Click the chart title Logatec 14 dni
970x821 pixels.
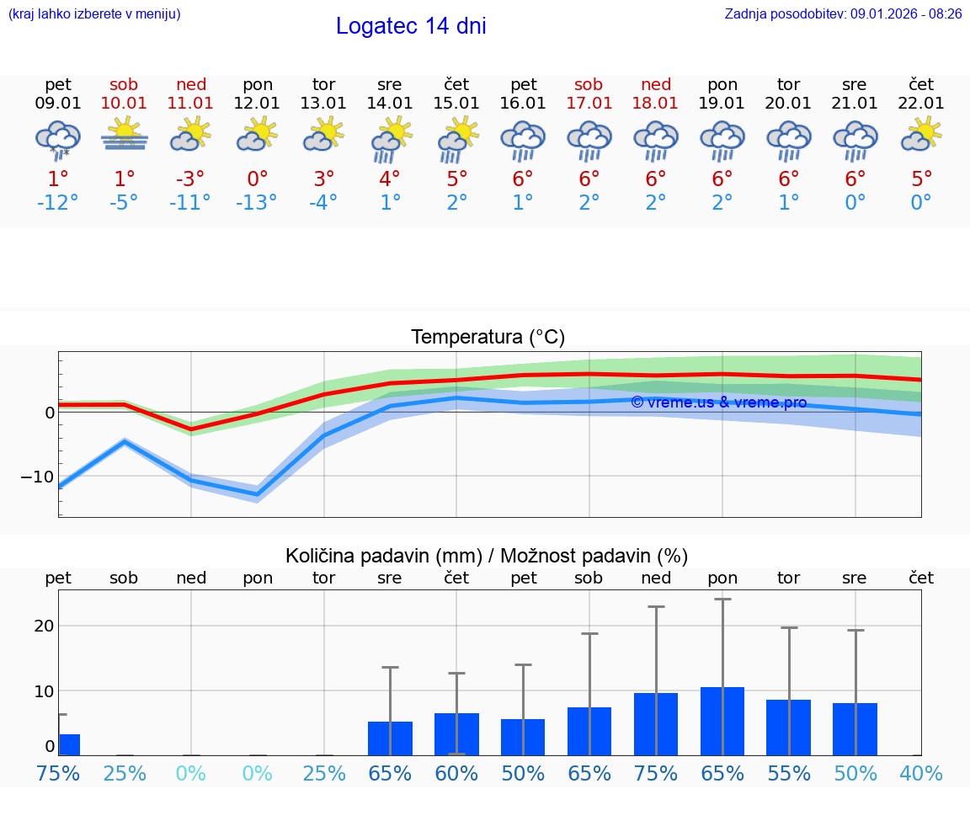(411, 26)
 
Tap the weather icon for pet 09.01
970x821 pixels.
(57, 139)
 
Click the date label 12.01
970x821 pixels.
(257, 103)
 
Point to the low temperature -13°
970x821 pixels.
(257, 203)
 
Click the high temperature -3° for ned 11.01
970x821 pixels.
(190, 179)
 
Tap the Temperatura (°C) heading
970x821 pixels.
(488, 338)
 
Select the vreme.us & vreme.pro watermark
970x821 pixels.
(718, 403)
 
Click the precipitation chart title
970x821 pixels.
(486, 556)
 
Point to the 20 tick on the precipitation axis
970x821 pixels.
(44, 626)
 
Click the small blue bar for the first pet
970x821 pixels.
(69, 744)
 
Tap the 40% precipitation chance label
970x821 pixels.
(920, 773)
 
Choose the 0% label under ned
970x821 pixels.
(190, 773)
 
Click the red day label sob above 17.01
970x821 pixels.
(589, 84)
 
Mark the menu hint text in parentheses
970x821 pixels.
(94, 13)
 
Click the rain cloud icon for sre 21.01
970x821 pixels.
(855, 139)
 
